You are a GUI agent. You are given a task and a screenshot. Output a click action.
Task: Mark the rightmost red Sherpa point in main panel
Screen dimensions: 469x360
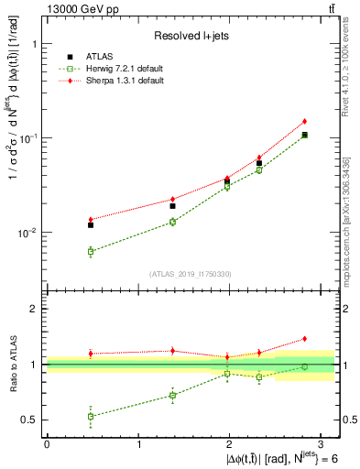click(304, 121)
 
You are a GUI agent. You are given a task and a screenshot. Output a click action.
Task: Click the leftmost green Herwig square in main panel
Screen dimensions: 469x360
click(91, 251)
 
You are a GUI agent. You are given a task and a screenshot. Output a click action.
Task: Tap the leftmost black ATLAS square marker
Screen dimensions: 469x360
click(91, 224)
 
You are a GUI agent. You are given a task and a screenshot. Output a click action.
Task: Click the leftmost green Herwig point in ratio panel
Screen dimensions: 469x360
click(91, 416)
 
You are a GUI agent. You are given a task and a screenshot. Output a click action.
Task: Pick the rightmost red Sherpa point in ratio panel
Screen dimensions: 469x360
click(304, 338)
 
